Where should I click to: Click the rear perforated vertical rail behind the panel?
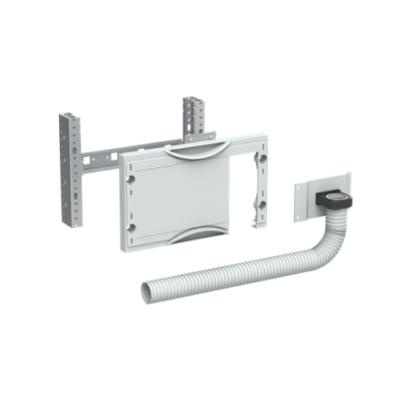(193, 118)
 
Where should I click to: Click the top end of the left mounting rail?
(68, 116)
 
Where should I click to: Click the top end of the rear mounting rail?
(193, 100)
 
